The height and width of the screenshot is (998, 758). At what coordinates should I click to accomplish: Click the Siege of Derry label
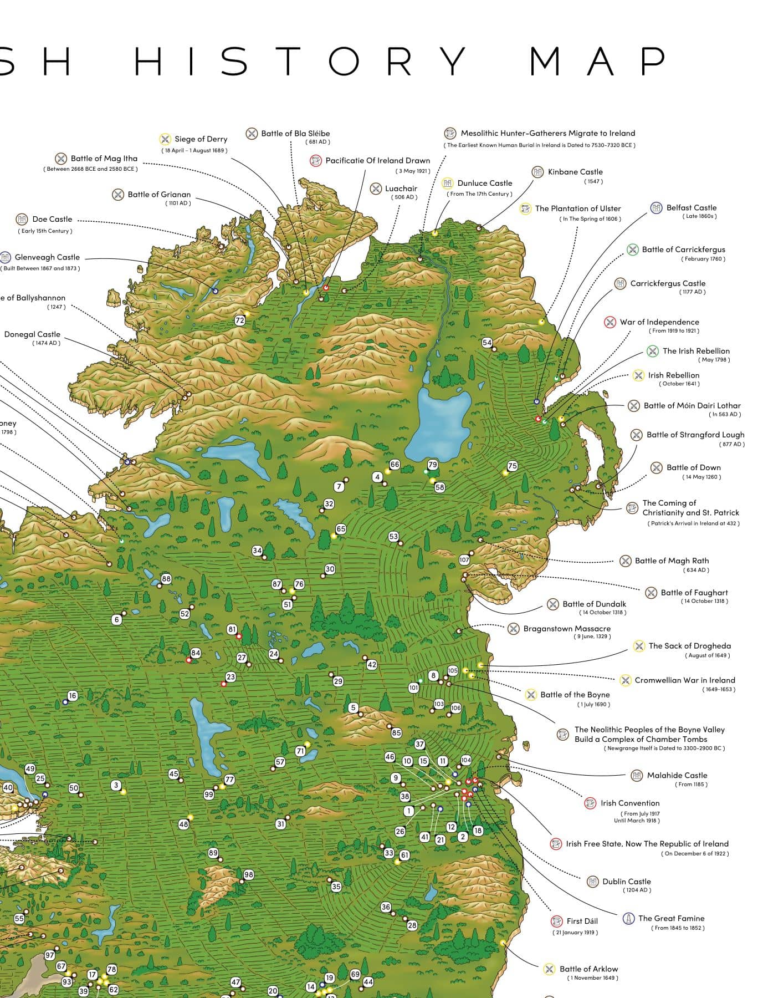201,139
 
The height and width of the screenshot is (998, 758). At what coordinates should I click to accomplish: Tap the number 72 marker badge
239,320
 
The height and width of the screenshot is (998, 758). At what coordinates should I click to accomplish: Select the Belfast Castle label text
691,207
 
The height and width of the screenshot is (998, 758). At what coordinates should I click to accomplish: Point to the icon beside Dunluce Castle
447,183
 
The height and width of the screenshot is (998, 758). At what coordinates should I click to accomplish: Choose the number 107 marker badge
464,560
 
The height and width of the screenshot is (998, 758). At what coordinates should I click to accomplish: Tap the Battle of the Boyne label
575,695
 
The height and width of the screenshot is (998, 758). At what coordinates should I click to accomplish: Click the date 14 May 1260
701,477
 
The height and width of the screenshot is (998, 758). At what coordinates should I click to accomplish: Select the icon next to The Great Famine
628,919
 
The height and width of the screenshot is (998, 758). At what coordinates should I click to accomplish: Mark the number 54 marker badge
486,343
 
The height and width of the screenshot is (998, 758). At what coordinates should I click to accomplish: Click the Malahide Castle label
677,775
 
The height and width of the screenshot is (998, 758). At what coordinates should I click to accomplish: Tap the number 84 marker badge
196,653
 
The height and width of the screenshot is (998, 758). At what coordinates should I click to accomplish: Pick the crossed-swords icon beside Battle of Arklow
549,969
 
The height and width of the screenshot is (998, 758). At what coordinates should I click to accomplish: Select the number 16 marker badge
73,696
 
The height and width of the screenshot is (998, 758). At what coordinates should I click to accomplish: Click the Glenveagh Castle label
47,257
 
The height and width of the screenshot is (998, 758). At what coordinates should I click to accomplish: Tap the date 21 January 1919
575,933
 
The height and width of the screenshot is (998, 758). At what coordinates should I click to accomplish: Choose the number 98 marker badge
248,875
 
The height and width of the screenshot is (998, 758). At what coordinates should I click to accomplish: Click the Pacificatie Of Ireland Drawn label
377,161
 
